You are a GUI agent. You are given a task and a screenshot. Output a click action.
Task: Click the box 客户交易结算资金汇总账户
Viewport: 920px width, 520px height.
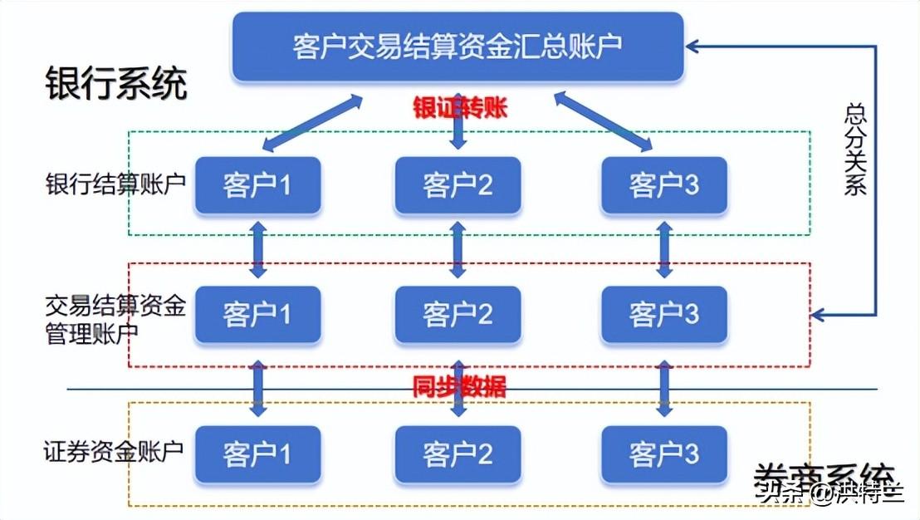pyautogui.click(x=458, y=47)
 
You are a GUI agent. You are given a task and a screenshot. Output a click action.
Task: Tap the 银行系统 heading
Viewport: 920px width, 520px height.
pyautogui.click(x=116, y=85)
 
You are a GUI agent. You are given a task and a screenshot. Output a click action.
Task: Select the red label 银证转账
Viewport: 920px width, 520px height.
pyautogui.click(x=459, y=108)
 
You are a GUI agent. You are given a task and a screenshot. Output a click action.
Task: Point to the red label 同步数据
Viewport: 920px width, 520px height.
pyautogui.click(x=459, y=386)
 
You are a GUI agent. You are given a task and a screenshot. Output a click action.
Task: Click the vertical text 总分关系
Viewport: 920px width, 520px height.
pyautogui.click(x=855, y=150)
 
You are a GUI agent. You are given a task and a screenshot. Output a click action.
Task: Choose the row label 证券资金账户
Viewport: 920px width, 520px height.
pyautogui.click(x=113, y=453)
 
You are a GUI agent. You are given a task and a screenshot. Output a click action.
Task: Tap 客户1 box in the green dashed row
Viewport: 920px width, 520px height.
pyautogui.click(x=257, y=184)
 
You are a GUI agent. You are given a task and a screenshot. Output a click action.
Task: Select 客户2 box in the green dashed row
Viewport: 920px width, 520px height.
pyautogui.click(x=458, y=184)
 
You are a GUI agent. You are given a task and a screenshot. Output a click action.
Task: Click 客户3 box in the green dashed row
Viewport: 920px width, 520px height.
pyautogui.click(x=663, y=184)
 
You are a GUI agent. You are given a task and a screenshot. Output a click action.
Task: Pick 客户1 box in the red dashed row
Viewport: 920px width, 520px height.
pyautogui.click(x=257, y=315)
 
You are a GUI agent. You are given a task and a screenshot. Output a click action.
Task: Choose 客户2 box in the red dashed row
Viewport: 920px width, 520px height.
pyautogui.click(x=458, y=315)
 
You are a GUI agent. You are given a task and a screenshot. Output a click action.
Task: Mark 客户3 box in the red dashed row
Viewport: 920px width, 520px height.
pyautogui.click(x=663, y=315)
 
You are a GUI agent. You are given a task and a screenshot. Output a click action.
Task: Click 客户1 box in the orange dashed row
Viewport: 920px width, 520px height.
pyautogui.click(x=257, y=454)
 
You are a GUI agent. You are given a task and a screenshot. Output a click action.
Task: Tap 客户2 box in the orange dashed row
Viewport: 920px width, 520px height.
pyautogui.click(x=458, y=454)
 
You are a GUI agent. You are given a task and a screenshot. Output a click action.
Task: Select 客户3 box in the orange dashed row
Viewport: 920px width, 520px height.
pyautogui.click(x=663, y=454)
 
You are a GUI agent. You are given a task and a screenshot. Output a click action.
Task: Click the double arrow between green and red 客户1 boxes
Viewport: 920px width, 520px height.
pyautogui.click(x=258, y=249)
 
